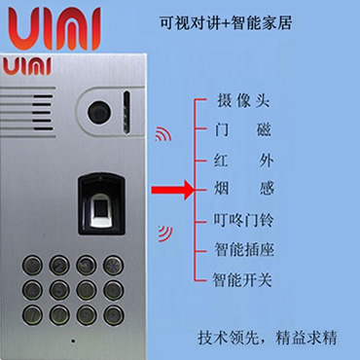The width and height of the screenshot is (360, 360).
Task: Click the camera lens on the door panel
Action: click(99, 112)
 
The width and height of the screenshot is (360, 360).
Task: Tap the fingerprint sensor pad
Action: click(101, 210)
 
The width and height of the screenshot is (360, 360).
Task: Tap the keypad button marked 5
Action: click(59, 289)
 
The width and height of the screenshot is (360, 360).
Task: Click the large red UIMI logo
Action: click(54, 28)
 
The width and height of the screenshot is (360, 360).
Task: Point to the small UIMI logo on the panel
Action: click(27, 66)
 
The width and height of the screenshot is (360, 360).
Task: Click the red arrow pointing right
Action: click(172, 190)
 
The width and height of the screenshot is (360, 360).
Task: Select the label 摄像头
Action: click(243, 101)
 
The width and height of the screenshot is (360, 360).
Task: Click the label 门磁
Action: click(243, 130)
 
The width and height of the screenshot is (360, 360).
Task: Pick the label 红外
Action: click(243, 161)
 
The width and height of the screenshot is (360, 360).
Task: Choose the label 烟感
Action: click(244, 189)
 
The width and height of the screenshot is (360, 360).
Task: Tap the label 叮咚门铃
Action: click(243, 220)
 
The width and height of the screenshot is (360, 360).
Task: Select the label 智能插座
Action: click(244, 250)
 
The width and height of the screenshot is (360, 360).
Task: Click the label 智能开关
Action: click(242, 279)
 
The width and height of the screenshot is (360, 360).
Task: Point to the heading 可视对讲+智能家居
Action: click(226, 22)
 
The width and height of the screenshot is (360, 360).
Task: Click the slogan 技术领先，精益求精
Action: click(268, 338)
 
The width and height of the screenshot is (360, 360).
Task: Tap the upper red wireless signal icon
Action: click(163, 134)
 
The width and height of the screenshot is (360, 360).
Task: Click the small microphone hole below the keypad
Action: click(73, 341)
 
